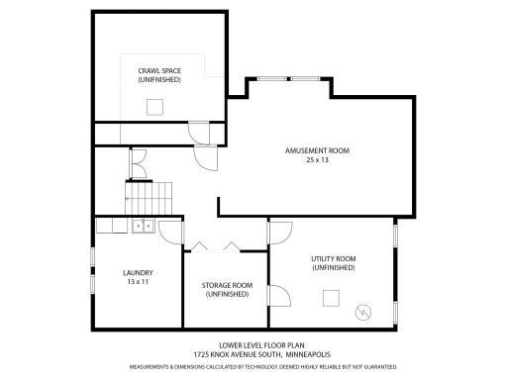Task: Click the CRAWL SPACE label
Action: tap(159, 70)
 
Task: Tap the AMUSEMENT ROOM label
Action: tap(317, 150)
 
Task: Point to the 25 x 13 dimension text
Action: tap(317, 159)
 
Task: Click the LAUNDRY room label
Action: tap(137, 272)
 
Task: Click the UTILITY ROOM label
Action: tap(333, 258)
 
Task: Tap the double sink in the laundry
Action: tap(143, 226)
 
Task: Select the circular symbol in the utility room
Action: tap(363, 312)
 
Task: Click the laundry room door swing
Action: tap(171, 233)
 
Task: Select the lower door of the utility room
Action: tap(279, 298)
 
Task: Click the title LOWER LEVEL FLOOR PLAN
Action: tap(253, 346)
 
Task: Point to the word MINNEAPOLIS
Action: tap(309, 354)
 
